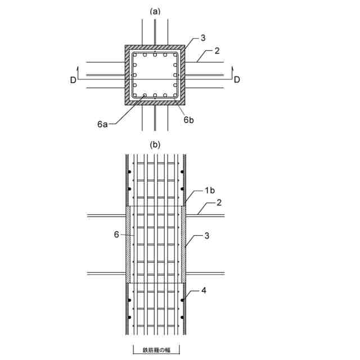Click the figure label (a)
(x=155, y=11)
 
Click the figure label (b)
(x=155, y=145)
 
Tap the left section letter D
(x=73, y=80)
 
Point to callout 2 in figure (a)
(x=217, y=51)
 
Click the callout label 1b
(x=209, y=191)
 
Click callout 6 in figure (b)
(x=116, y=234)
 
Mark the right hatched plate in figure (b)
(x=183, y=244)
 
